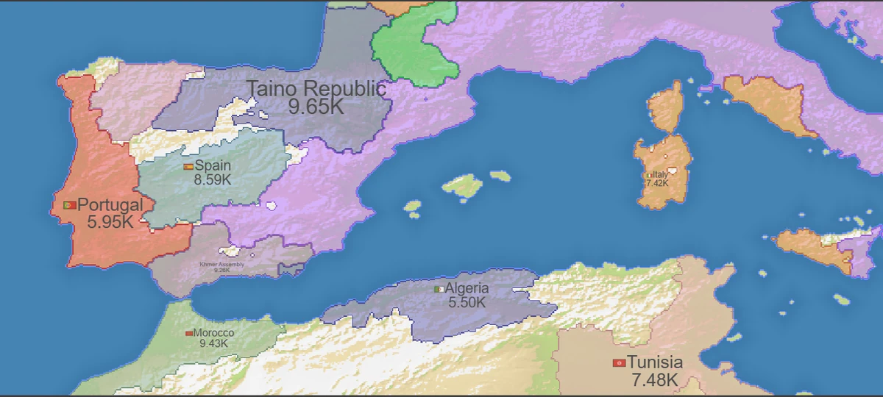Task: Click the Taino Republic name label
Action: click(x=316, y=89)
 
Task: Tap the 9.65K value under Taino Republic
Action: click(x=316, y=107)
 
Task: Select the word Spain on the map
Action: click(x=213, y=166)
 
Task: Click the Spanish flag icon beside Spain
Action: click(x=188, y=167)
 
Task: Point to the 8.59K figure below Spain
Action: click(x=212, y=179)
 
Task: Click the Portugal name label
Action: click(x=110, y=204)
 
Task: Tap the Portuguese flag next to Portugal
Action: click(x=71, y=205)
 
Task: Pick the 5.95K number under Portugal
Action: click(x=110, y=221)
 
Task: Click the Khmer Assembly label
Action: click(x=222, y=264)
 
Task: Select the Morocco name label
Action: click(x=213, y=333)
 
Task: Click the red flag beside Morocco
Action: click(x=189, y=334)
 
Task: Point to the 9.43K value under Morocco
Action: click(x=213, y=343)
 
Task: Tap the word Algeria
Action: click(x=467, y=289)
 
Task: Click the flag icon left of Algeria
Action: click(x=439, y=289)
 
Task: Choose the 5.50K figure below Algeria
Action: click(x=467, y=302)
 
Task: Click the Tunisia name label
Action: click(x=655, y=362)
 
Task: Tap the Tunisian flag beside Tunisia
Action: click(x=619, y=363)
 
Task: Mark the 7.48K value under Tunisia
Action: click(x=654, y=380)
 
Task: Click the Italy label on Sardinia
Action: click(x=659, y=175)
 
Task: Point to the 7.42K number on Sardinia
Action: click(x=657, y=183)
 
